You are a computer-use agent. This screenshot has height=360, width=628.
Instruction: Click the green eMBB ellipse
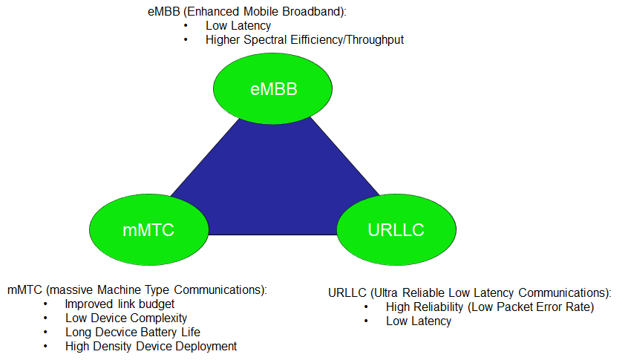(272, 88)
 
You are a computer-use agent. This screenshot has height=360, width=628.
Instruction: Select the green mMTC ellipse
(149, 230)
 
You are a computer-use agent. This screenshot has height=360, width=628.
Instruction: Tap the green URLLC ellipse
(396, 230)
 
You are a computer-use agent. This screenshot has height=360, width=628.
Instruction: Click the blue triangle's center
(275, 189)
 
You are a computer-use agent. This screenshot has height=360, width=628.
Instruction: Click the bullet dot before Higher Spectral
(186, 39)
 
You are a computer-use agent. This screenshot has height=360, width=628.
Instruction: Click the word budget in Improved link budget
(157, 304)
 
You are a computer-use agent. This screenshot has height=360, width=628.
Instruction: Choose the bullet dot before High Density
(45, 346)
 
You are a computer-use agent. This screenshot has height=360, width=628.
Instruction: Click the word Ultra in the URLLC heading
(386, 293)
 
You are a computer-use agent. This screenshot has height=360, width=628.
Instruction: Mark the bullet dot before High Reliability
(366, 307)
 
